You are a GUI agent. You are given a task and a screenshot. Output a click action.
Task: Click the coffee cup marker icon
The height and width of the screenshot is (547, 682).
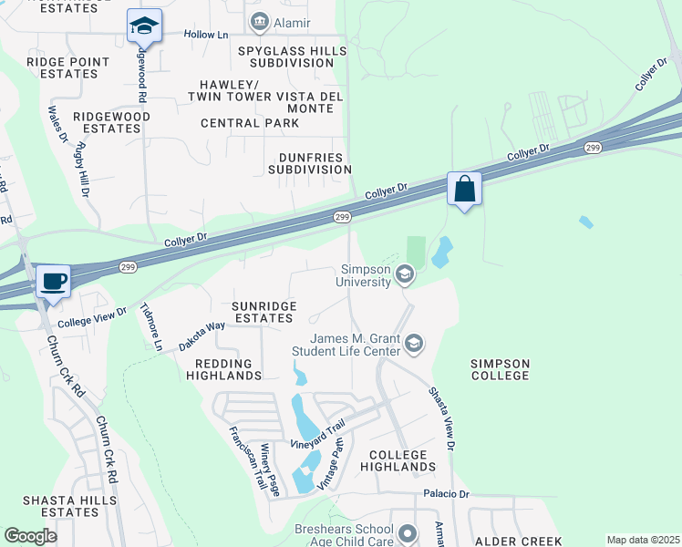pyautogui.click(x=54, y=282)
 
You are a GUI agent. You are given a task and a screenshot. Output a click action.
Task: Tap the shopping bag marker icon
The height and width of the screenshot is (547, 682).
pyautogui.click(x=465, y=190)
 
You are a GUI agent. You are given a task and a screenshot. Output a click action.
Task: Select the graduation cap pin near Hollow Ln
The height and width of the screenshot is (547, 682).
pyautogui.click(x=144, y=26)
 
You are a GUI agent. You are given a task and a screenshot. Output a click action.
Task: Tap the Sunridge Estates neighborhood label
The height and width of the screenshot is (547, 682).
pyautogui.click(x=250, y=312)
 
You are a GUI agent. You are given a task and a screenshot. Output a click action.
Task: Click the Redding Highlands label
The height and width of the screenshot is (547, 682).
pyautogui.click(x=223, y=368)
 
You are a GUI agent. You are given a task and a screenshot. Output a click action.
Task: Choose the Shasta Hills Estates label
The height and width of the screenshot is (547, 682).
pyautogui.click(x=61, y=506)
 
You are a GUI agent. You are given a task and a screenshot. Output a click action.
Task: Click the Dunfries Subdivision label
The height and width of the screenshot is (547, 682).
pyautogui.click(x=309, y=162)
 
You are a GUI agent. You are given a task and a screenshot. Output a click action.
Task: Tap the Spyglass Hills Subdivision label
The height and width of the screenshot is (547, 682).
pyautogui.click(x=285, y=57)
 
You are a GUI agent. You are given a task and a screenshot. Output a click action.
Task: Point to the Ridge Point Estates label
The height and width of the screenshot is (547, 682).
pyautogui.click(x=68, y=67)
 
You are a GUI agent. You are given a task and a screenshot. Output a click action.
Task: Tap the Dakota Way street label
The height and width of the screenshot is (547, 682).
pyautogui.click(x=201, y=335)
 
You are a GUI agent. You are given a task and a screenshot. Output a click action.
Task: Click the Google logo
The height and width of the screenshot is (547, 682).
pyautogui.click(x=30, y=536)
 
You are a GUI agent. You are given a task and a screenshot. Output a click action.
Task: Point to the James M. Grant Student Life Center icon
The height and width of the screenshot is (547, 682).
pyautogui.click(x=414, y=344)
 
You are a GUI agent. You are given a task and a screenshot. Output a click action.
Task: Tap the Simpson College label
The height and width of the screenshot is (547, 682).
pyautogui.click(x=500, y=369)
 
